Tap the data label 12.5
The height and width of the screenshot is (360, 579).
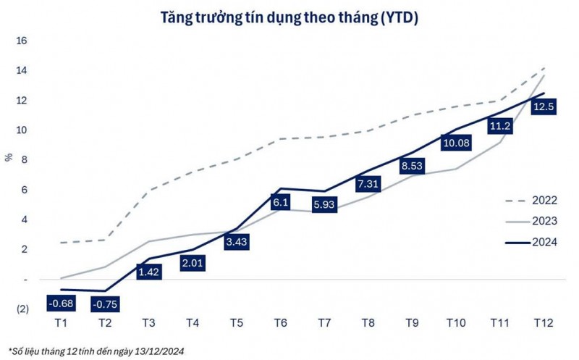click(x=544, y=107)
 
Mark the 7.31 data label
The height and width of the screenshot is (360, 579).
click(x=367, y=185)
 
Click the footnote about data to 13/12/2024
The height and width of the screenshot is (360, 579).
click(x=97, y=351)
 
